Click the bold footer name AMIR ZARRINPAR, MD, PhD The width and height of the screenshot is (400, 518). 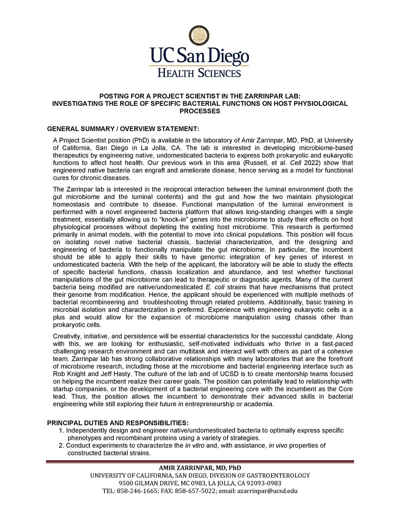click(x=200, y=468)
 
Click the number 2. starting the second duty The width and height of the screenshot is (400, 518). click(x=61, y=445)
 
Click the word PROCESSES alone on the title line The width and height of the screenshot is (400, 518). click(x=200, y=111)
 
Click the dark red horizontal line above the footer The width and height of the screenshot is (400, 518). click(x=200, y=462)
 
